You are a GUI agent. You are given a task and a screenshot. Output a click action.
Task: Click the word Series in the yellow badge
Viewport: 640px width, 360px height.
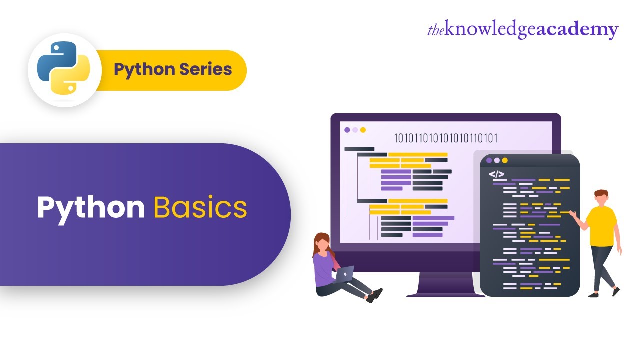[x=206, y=69]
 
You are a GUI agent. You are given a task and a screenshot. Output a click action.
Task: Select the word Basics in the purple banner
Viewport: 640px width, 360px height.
[x=200, y=208]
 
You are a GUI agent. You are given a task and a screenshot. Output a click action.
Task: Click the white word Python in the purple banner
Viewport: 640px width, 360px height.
[x=91, y=208]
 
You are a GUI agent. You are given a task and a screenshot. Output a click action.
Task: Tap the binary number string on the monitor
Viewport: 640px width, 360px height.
[x=446, y=138]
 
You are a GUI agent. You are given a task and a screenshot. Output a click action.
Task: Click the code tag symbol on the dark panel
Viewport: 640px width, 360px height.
[x=496, y=174]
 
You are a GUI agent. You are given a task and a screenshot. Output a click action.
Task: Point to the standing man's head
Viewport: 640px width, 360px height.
[x=601, y=197]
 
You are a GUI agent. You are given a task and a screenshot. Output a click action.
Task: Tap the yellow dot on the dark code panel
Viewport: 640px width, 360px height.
[x=505, y=160]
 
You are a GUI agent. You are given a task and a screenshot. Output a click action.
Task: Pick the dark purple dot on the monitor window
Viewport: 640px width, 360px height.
[x=347, y=130]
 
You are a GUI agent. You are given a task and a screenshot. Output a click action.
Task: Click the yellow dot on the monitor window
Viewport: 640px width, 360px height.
[x=363, y=130]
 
